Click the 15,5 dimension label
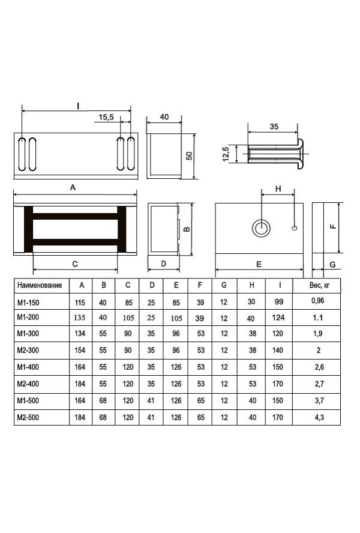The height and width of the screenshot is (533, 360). click(106, 117)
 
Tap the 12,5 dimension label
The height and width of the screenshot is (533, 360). click(226, 154)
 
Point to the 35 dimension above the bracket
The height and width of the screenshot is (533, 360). click(274, 127)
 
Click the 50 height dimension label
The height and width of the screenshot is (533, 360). click(189, 155)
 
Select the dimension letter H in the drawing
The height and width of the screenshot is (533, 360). click(278, 188)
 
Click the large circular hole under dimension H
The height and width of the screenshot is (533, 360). click(261, 227)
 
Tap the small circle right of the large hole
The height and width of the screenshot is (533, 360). click(295, 227)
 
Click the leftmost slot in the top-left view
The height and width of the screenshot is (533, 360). click(22, 154)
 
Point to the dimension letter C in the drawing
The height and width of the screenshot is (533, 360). click(75, 263)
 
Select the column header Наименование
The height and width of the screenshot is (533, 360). click(40, 285)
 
